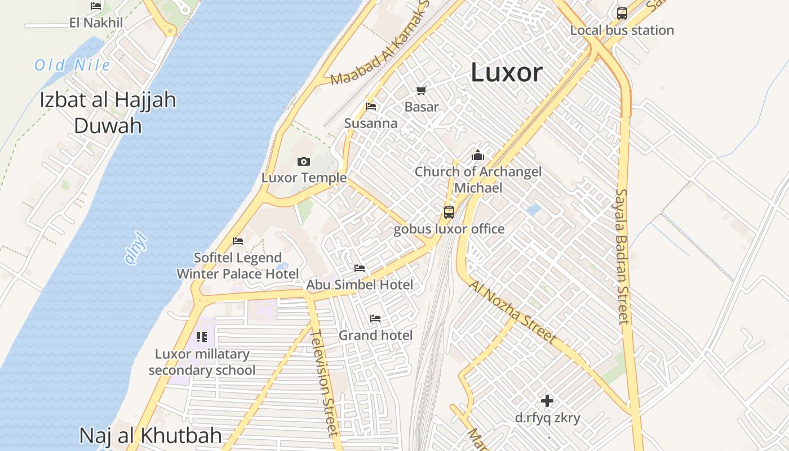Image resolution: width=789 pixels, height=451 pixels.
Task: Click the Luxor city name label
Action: point(506,73)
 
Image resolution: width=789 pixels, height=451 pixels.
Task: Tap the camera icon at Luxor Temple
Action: point(304,162)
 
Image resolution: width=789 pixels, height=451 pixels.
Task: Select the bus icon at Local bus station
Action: point(622,13)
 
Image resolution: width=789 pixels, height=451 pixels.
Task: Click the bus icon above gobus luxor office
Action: point(449,213)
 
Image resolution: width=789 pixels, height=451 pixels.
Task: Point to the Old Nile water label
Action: point(72,65)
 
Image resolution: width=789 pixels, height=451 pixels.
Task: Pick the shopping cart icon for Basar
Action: point(421,90)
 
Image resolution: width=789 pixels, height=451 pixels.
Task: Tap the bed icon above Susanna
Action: point(371,106)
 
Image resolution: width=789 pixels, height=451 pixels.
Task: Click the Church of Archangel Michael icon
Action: point(478,155)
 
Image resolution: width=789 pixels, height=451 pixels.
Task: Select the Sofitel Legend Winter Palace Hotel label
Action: point(238,266)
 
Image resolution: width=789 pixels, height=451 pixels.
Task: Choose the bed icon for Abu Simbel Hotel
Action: point(360,268)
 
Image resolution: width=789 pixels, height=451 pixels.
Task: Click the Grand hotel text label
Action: point(375,335)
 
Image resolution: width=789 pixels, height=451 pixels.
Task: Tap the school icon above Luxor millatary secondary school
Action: point(202,337)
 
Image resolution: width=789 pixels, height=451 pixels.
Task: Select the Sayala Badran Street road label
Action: point(622,257)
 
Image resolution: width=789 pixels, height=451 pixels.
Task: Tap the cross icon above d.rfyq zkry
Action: point(547,401)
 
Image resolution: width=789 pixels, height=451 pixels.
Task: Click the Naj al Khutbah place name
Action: point(150,435)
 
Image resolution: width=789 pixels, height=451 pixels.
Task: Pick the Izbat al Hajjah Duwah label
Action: point(108,112)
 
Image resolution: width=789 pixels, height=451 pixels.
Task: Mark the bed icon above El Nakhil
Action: point(96,6)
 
